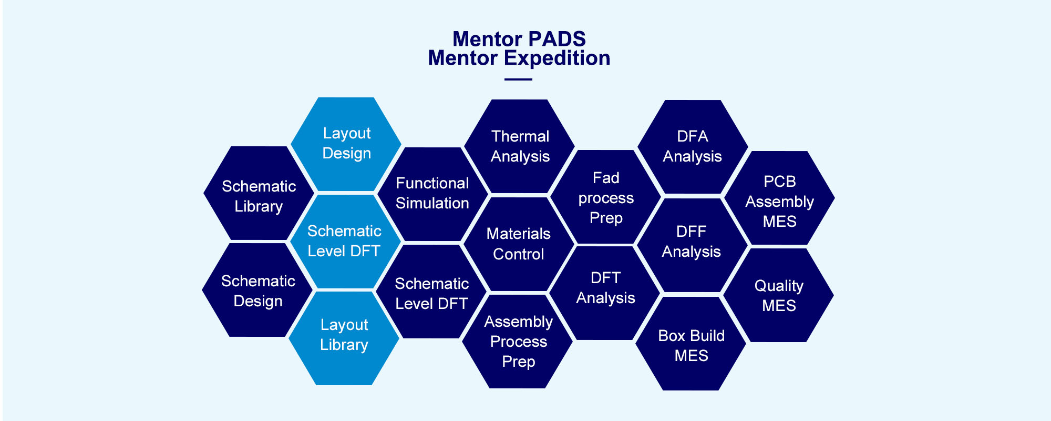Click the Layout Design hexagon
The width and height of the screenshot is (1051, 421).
coord(346,144)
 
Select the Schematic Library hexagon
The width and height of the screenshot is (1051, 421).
coord(259,193)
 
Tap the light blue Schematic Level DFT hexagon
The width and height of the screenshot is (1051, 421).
coord(345,242)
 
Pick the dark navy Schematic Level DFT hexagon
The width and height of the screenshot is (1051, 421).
coord(432,292)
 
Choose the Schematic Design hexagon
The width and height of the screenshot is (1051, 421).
coord(258,290)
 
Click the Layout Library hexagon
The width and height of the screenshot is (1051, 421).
coord(344,338)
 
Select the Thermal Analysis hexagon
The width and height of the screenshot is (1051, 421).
coord(520,146)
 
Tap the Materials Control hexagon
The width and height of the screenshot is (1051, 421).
coord(519,244)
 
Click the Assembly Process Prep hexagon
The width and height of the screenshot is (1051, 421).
coord(518,342)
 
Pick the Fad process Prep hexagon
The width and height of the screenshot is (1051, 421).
coord(606,197)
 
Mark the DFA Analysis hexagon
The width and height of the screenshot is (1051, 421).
coord(693,147)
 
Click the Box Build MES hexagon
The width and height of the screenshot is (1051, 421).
coord(691,344)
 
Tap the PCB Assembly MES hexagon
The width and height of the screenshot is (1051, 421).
coord(780,198)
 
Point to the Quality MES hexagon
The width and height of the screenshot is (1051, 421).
coord(779,295)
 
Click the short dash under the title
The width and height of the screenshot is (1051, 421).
coord(518,79)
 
